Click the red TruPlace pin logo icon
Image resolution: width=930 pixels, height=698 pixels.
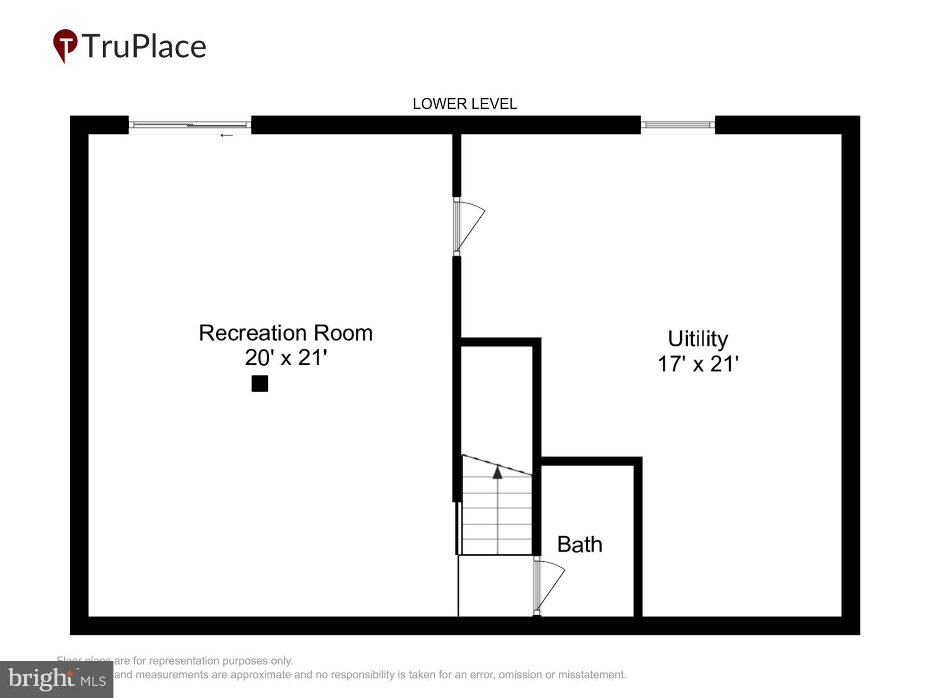coord(65,45)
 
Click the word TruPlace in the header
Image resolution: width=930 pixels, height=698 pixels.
coord(144,46)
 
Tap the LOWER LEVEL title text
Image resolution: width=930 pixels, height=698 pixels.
coord(465,104)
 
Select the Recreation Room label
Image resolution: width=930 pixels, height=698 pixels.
coord(286,333)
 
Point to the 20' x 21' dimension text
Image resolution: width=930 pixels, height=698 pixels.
coord(286,358)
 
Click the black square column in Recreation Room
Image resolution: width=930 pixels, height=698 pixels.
coord(259,383)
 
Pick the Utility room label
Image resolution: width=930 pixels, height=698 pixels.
coord(697,339)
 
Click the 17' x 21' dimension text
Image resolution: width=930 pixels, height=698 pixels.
coord(697,364)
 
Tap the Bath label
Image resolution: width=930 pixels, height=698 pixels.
coord(579,544)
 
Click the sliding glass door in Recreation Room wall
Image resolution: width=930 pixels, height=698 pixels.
coord(190,125)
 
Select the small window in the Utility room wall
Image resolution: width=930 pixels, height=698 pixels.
coord(678,125)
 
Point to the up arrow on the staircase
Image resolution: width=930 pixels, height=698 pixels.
coord(498,473)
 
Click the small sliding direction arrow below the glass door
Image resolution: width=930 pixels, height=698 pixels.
coord(226,135)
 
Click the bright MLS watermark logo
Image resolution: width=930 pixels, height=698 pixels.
coord(56,679)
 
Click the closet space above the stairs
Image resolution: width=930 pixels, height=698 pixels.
coord(497,400)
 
